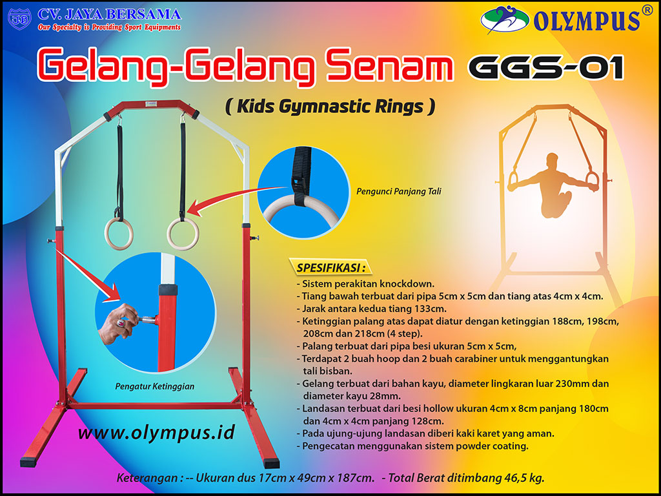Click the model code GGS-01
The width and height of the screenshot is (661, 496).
[545, 67]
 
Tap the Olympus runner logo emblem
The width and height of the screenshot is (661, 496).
[505, 20]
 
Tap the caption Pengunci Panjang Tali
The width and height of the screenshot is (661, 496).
[399, 192]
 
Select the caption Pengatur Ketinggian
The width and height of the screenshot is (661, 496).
[155, 386]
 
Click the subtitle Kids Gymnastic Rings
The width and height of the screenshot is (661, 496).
[330, 107]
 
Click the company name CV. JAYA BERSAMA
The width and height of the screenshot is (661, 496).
[109, 14]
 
